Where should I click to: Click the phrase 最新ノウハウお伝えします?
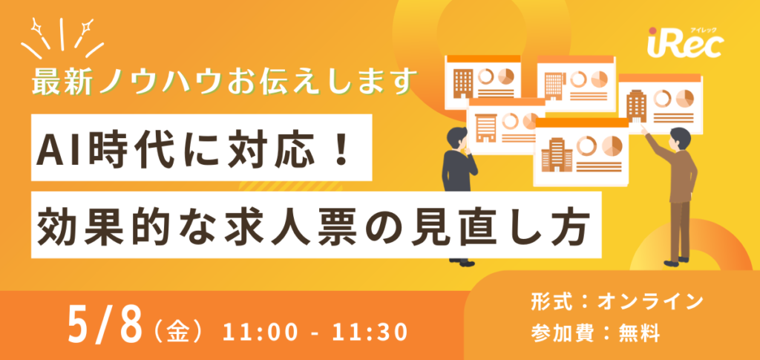coord(221,81)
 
